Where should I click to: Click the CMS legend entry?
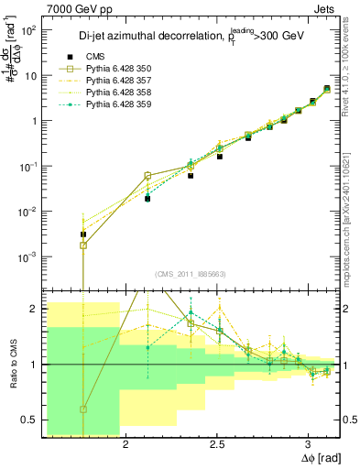(109, 55)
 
